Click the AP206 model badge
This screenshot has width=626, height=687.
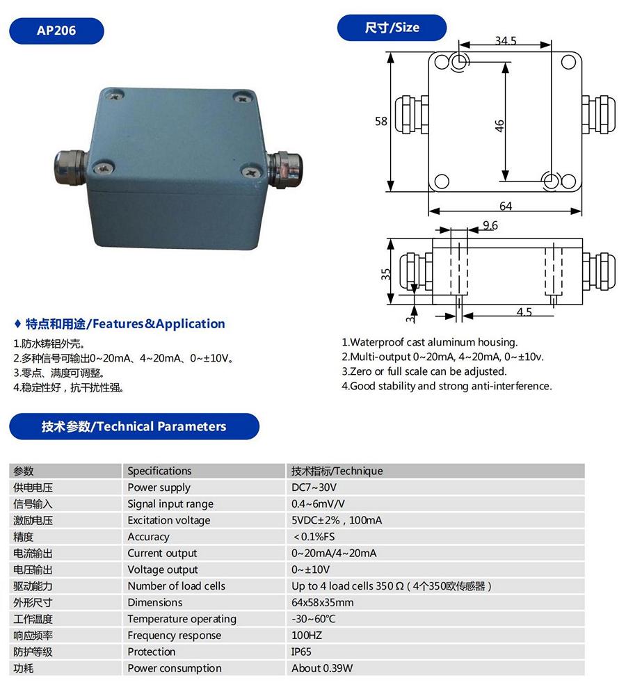click(57, 31)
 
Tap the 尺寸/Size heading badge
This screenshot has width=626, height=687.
click(392, 28)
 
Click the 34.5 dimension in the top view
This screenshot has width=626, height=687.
click(506, 41)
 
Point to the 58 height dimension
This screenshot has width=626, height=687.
click(381, 121)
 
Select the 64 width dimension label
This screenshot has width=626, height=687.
click(506, 206)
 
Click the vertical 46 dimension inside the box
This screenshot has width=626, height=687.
click(499, 126)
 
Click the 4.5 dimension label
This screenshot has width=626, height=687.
click(524, 312)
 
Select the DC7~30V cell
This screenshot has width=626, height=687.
click(314, 487)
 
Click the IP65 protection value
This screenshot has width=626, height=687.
click(302, 652)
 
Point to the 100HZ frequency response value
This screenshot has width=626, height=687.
click(307, 636)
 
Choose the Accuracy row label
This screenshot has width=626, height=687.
click(148, 537)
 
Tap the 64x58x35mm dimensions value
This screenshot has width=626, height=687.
click(323, 602)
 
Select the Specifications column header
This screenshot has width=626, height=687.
click(159, 471)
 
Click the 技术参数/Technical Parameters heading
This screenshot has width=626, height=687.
click(134, 426)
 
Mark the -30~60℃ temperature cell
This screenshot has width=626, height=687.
click(313, 619)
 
